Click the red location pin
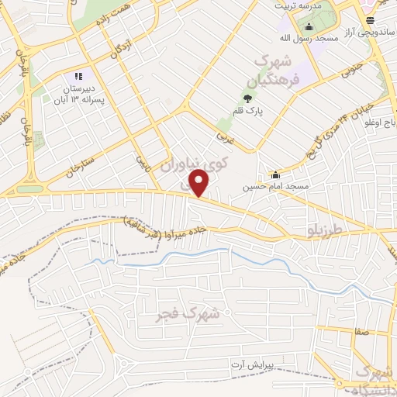click(x=199, y=183)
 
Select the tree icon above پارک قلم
click(x=247, y=98)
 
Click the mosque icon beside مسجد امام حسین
click(x=274, y=174)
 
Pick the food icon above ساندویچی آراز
click(x=370, y=20)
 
